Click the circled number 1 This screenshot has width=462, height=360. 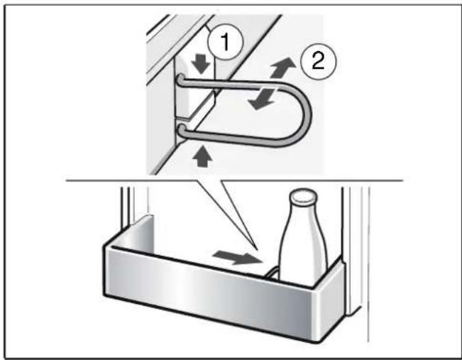coord(225,42)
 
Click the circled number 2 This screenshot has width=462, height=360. coord(318,61)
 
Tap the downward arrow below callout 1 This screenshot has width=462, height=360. coord(202,64)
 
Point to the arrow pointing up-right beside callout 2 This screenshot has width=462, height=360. coord(283,67)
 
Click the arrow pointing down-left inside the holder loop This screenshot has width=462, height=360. coord(262,99)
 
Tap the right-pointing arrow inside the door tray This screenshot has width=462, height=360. coord(238,258)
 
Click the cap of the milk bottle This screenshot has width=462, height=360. coord(304,197)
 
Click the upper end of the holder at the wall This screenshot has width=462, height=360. coord(180,80)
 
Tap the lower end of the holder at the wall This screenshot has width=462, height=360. coord(181,130)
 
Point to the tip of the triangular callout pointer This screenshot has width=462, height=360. coord(259,250)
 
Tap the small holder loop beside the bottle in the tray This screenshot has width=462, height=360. coord(271,273)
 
